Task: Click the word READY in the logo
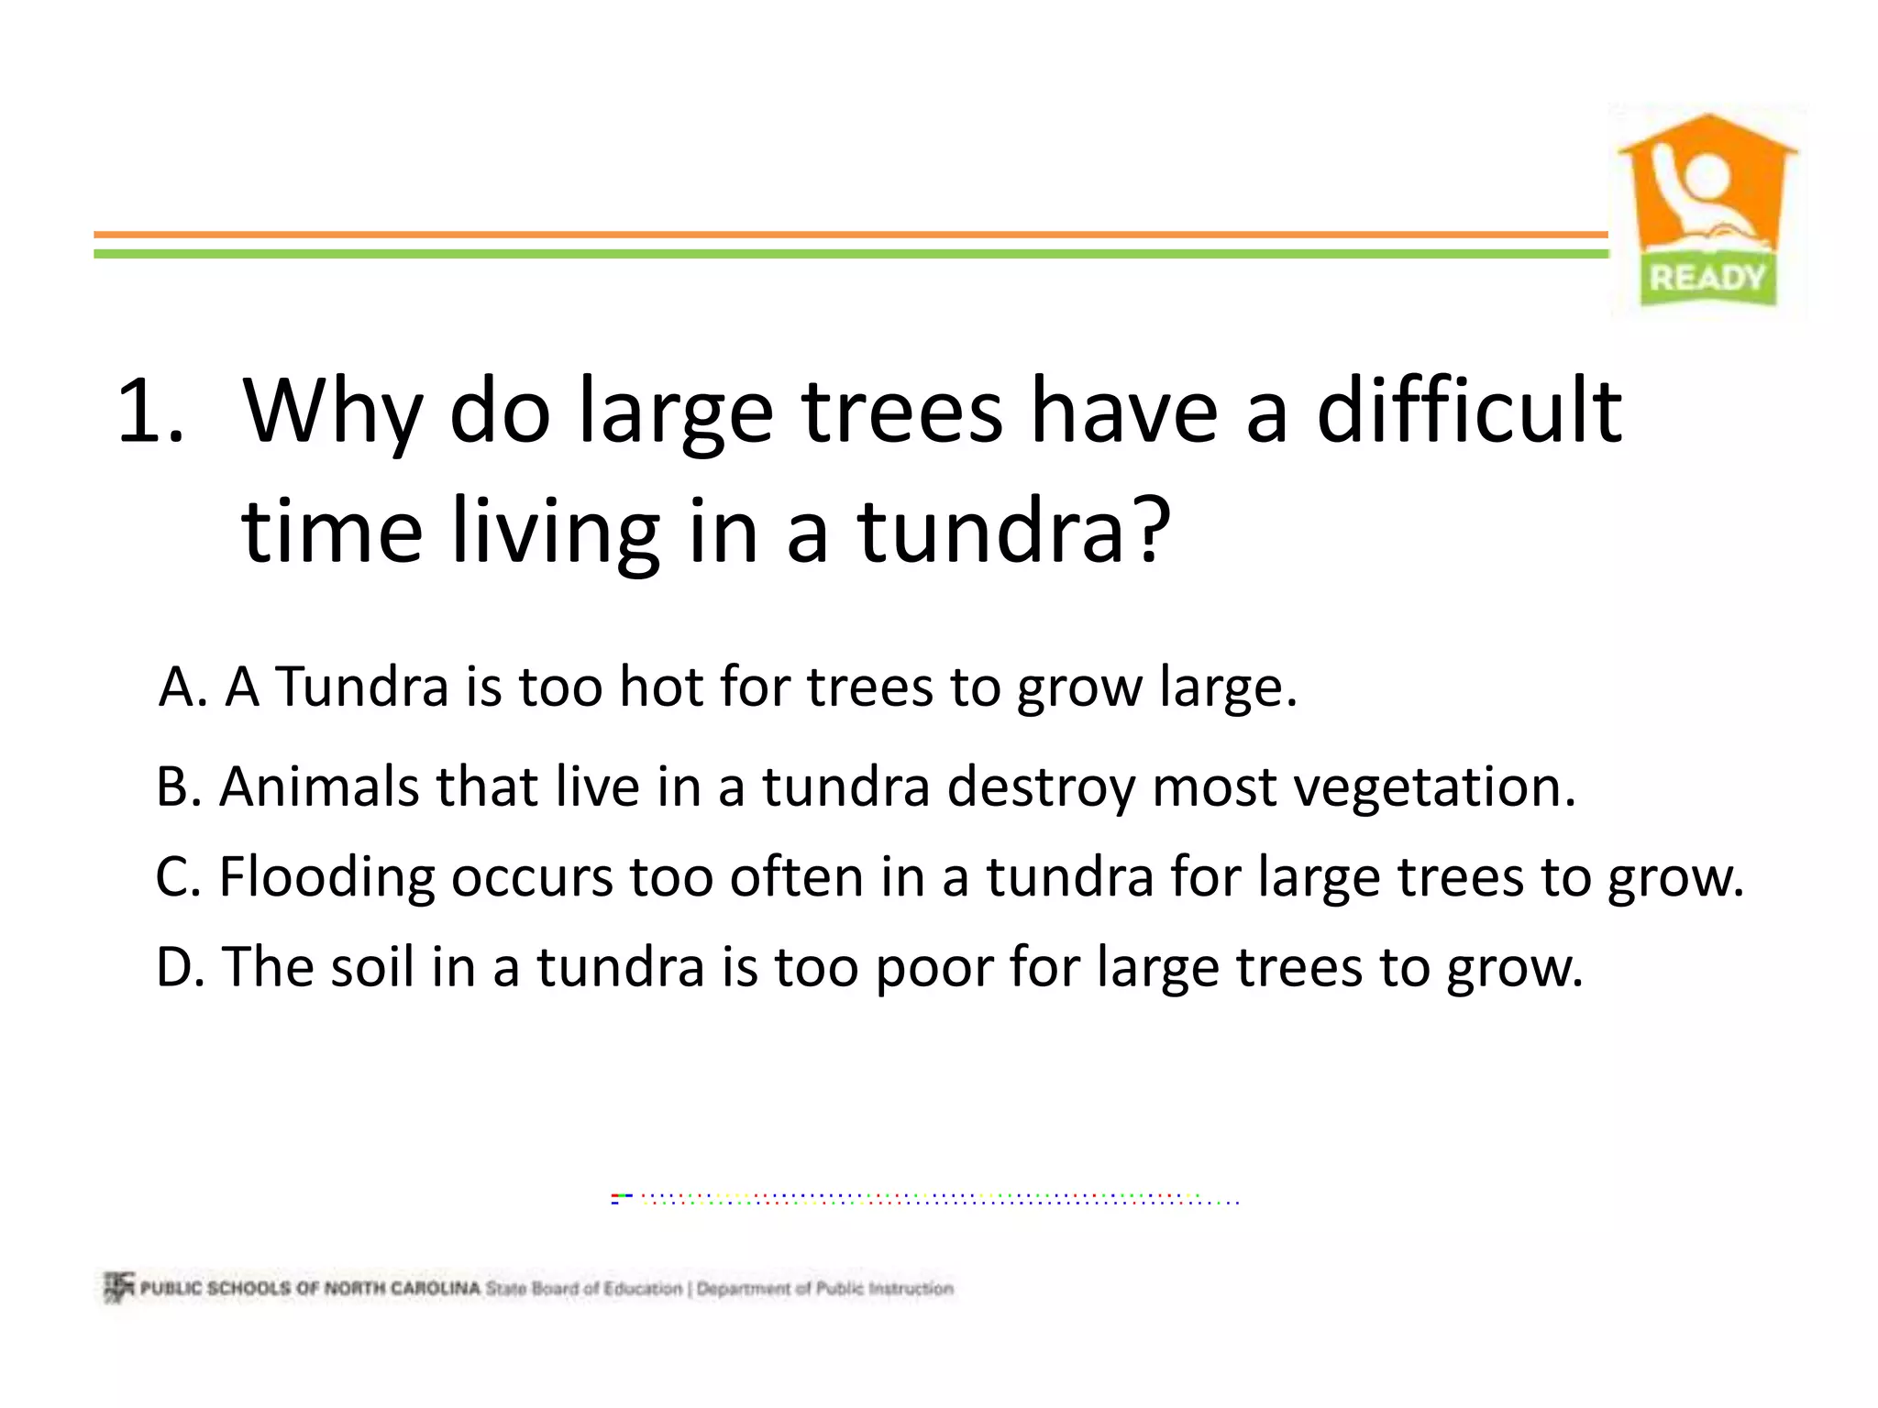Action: [x=1707, y=277]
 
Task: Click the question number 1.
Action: [x=149, y=412]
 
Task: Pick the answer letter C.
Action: [x=176, y=876]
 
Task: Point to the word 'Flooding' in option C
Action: [x=326, y=878]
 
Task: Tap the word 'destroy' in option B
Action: [x=1041, y=788]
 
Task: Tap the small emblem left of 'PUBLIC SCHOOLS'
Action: [x=118, y=1287]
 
